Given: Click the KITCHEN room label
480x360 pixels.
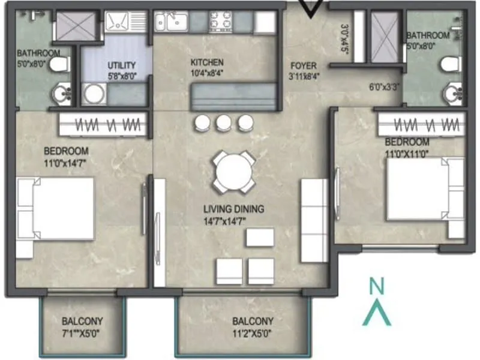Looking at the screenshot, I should click(207, 62).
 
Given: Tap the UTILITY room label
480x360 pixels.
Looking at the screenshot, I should click(122, 65).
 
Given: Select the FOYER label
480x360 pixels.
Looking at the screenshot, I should click(303, 65).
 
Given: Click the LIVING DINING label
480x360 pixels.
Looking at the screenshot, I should click(233, 209).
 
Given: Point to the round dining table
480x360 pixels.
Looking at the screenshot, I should click(233, 172).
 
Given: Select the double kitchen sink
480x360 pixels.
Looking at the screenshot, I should click(170, 23).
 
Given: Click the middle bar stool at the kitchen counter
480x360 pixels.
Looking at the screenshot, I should click(224, 123).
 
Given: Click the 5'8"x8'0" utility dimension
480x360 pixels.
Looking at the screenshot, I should click(122, 76).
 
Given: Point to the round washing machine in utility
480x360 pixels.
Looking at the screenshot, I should click(94, 94).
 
